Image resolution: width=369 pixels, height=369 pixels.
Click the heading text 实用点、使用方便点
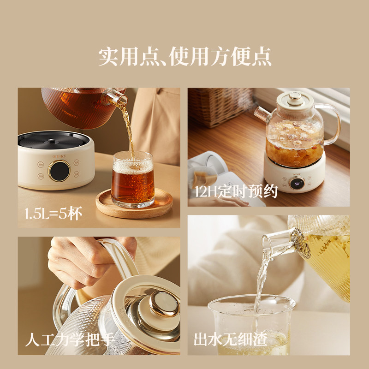pos(184,57)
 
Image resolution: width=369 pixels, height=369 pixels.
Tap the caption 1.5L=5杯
pos(54,214)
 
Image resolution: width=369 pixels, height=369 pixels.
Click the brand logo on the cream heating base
pos(60,156)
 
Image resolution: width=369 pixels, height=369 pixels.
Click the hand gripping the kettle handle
pos(88,263)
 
